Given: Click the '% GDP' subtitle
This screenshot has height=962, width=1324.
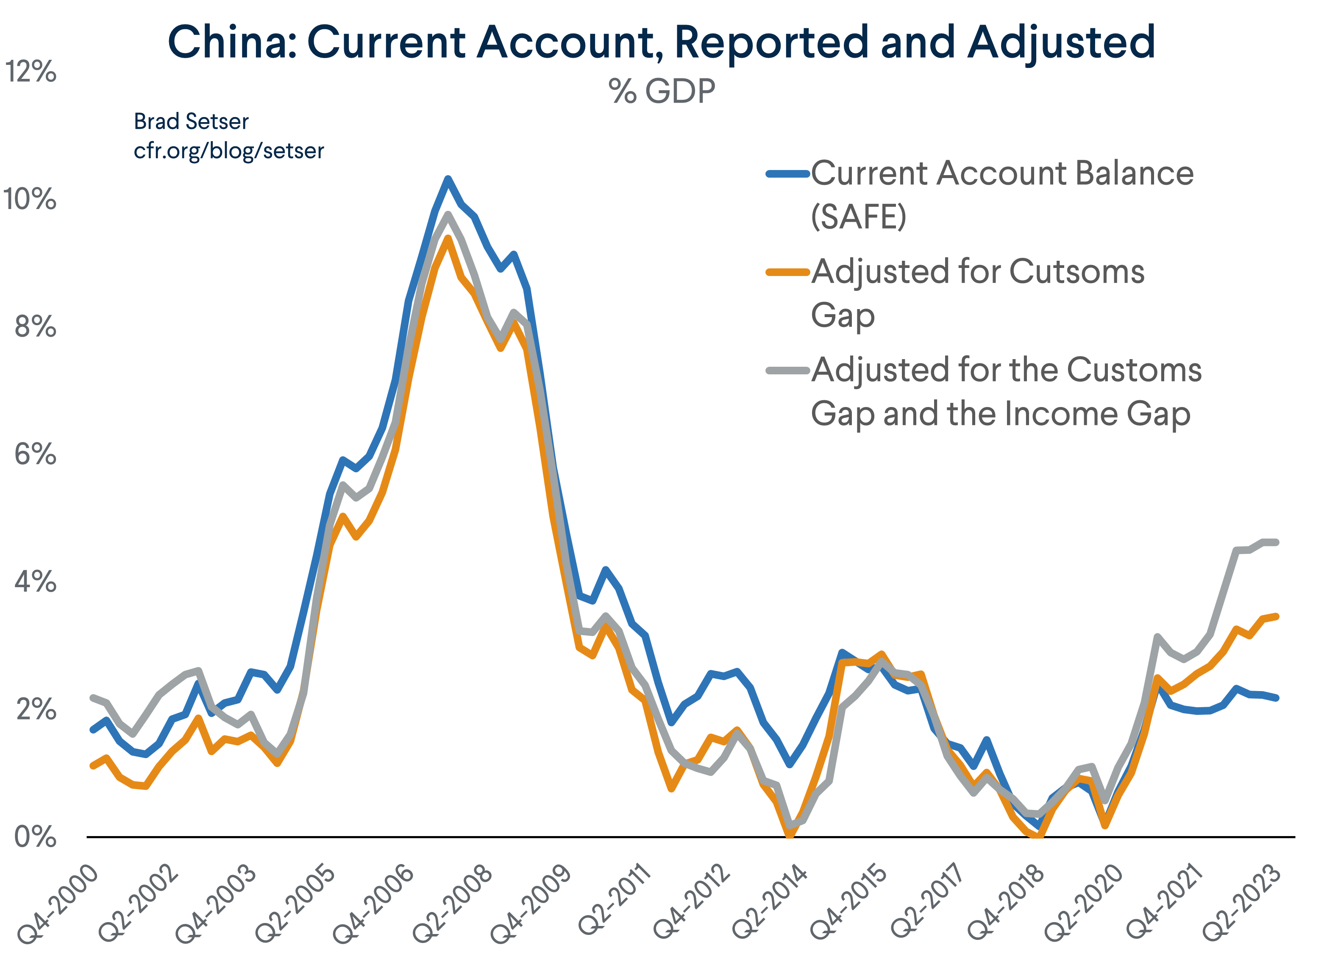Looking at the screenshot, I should pyautogui.click(x=662, y=92).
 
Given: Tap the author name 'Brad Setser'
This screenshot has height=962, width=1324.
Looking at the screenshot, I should pyautogui.click(x=191, y=122).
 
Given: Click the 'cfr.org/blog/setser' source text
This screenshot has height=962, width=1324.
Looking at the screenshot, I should pyautogui.click(x=228, y=151).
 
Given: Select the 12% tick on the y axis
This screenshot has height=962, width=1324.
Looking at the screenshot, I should pyautogui.click(x=31, y=72).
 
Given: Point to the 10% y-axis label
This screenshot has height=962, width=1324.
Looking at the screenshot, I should pyautogui.click(x=31, y=199).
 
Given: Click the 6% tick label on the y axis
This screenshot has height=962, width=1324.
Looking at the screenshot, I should pyautogui.click(x=35, y=455).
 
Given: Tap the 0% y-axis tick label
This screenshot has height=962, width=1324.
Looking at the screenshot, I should pyautogui.click(x=35, y=837).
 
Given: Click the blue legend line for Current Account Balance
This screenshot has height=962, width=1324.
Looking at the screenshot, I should pyautogui.click(x=787, y=173).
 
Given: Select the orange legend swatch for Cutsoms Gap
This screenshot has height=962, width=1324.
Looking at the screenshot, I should pyautogui.click(x=787, y=272).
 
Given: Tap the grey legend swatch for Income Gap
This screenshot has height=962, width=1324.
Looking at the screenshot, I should pyautogui.click(x=787, y=370).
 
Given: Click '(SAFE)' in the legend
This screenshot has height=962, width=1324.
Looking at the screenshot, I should pyautogui.click(x=858, y=217).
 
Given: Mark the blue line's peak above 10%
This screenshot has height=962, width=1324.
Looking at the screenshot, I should pyautogui.click(x=448, y=179).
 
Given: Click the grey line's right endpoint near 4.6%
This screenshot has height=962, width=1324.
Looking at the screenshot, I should pyautogui.click(x=1276, y=542).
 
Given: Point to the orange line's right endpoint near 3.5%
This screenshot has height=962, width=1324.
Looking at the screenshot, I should pyautogui.click(x=1276, y=616).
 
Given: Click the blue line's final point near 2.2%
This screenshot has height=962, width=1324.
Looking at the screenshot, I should pyautogui.click(x=1276, y=698).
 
